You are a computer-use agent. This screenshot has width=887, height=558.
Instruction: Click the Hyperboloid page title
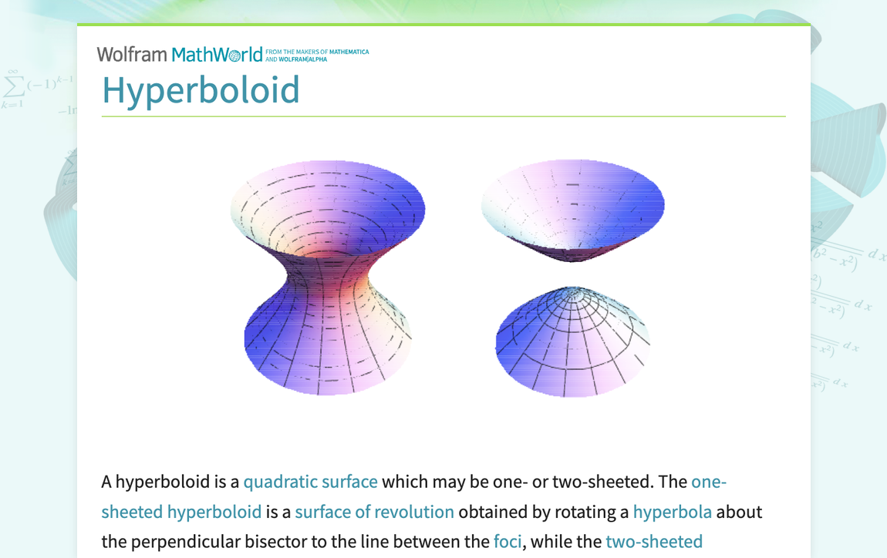(x=201, y=89)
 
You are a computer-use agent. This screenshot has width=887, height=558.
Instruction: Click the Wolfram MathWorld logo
(x=180, y=54)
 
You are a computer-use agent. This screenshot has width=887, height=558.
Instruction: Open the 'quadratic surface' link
(x=310, y=482)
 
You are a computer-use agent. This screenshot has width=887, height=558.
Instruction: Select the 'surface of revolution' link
(x=374, y=512)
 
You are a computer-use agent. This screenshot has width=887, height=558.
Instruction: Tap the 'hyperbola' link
(x=672, y=512)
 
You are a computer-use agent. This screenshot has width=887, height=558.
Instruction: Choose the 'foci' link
(x=508, y=542)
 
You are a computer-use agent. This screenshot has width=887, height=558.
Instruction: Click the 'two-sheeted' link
(x=654, y=542)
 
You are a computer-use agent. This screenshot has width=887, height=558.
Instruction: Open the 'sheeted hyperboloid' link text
(x=181, y=512)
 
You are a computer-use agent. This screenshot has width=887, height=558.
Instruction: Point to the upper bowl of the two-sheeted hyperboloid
(x=572, y=204)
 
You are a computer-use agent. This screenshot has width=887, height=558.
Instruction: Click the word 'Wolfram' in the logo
(x=132, y=54)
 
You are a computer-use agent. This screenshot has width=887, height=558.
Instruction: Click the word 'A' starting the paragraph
(x=106, y=482)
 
